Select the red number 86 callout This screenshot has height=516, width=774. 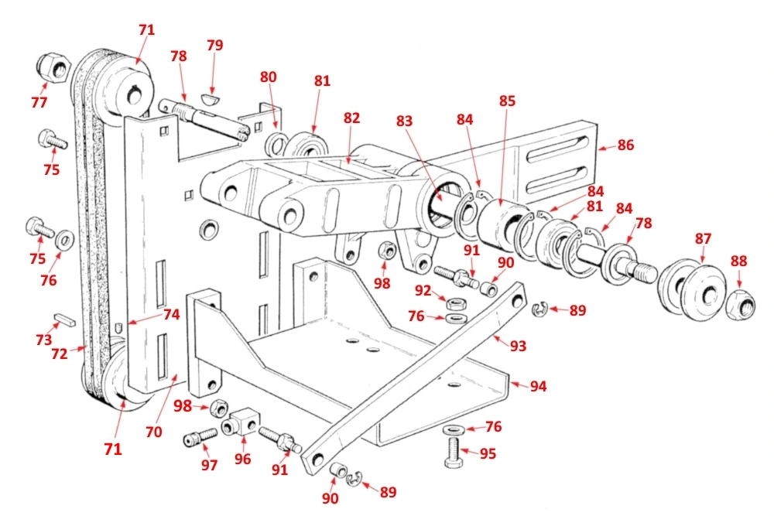click(x=625, y=145)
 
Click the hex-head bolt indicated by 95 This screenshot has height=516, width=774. click(x=454, y=452)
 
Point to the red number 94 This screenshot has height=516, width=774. click(x=537, y=386)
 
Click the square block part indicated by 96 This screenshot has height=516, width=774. click(x=242, y=421)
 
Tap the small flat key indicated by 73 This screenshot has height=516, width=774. click(x=64, y=319)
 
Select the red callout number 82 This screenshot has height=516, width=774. click(x=352, y=118)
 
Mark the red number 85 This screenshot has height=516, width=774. click(x=507, y=101)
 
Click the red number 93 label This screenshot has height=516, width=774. click(x=517, y=346)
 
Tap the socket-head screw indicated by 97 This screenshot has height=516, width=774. click(x=199, y=439)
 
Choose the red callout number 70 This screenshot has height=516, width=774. click(x=154, y=432)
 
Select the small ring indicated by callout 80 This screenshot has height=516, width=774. click(x=274, y=144)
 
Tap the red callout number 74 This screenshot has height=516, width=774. click(x=171, y=315)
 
